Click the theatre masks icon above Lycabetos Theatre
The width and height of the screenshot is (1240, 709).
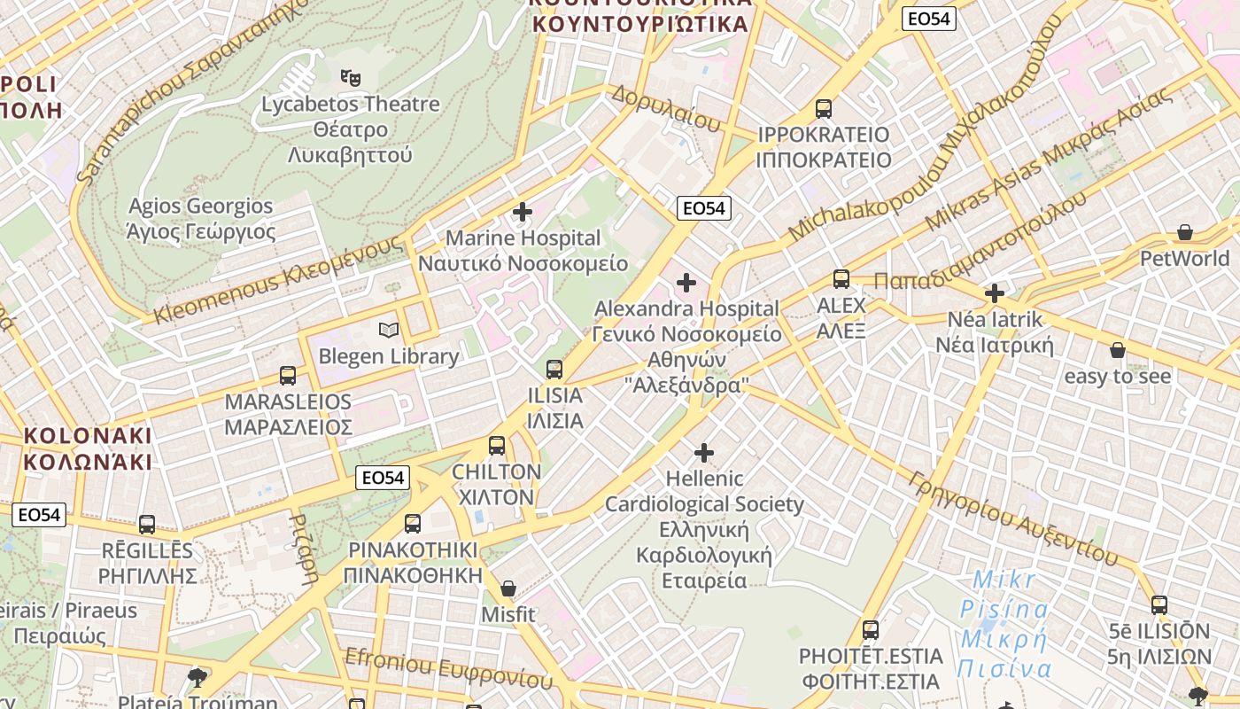click(351, 77)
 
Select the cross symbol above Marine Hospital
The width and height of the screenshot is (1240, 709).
click(523, 212)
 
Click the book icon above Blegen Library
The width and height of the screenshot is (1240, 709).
click(388, 331)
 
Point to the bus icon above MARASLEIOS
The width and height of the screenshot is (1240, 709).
click(288, 375)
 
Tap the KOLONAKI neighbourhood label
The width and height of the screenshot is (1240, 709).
click(88, 448)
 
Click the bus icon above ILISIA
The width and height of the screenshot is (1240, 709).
click(554, 369)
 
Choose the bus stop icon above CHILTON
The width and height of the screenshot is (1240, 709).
click(497, 445)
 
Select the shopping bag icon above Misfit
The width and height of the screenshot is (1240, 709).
click(508, 588)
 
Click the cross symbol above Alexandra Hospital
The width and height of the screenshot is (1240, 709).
click(686, 283)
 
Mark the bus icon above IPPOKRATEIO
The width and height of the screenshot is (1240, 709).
click(824, 109)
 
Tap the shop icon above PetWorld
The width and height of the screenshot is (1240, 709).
click(1185, 232)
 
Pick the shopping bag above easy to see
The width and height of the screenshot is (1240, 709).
click(1118, 350)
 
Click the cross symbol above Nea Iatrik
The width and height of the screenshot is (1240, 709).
click(995, 292)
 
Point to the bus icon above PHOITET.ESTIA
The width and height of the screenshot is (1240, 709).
click(871, 630)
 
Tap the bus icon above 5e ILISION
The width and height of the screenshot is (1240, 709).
click(1159, 605)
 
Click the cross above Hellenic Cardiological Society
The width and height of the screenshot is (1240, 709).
click(704, 453)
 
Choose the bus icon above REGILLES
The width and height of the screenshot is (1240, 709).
click(147, 524)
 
